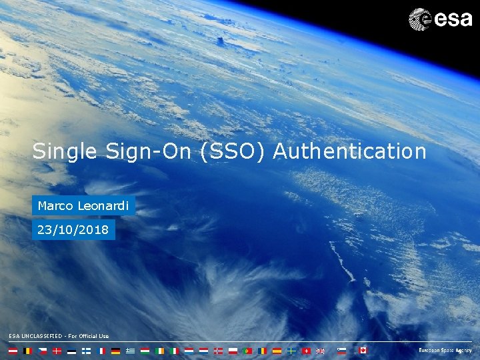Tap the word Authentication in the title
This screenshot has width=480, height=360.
click(x=350, y=151)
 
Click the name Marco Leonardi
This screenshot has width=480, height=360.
click(x=83, y=206)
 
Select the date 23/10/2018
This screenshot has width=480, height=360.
click(x=74, y=231)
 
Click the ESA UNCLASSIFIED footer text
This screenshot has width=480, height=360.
click(x=59, y=336)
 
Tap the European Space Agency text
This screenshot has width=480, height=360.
click(x=445, y=351)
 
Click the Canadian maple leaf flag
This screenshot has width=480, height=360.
click(x=363, y=351)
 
